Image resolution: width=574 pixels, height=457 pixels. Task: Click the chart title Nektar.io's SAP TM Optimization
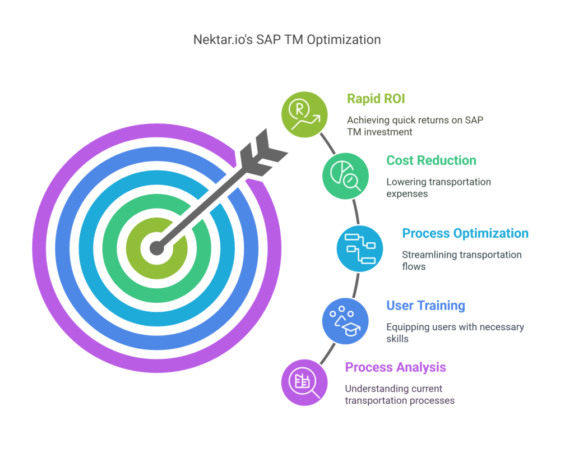point(287,40)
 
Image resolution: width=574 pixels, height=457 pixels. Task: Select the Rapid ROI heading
point(376,99)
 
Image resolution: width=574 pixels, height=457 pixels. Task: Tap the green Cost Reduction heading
point(431,160)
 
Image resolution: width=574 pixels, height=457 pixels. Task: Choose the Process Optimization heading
point(465,233)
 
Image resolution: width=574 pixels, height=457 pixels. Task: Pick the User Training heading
point(426,306)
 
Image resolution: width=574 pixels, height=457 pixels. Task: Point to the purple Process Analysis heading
point(395,367)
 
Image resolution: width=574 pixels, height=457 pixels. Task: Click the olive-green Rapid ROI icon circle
point(304,114)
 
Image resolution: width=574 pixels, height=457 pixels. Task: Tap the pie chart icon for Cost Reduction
point(345,176)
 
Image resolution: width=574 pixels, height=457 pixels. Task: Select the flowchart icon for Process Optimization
point(360,248)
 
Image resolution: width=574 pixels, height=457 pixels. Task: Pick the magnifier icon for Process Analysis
point(304,382)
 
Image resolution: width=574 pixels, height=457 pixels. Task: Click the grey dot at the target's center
point(157,248)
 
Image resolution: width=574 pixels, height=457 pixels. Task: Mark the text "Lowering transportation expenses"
point(438,188)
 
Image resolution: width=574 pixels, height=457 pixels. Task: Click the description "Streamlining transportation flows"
point(462,260)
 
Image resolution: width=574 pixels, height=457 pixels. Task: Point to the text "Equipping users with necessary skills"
point(455,333)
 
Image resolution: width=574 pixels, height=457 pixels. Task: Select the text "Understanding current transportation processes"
point(400,394)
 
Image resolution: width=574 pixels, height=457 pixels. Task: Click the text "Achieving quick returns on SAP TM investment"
point(415,126)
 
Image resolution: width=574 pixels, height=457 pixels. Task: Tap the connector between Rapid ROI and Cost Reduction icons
point(327,143)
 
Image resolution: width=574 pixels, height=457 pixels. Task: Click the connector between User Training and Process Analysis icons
point(327,354)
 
